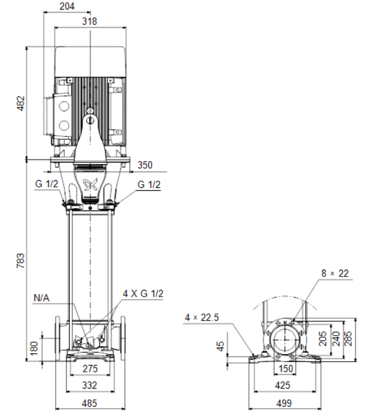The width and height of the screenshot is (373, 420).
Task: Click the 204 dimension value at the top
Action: [67, 6]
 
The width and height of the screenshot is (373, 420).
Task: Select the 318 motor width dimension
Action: [89, 21]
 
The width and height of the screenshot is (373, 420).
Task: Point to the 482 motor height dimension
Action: [20, 103]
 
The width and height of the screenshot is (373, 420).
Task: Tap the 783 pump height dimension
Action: [20, 261]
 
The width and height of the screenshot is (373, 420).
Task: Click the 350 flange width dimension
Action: [145, 165]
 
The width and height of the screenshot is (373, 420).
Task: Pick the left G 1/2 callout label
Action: [46, 184]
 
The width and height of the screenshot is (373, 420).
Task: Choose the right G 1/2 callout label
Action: [149, 184]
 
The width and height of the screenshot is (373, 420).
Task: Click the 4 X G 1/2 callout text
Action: [143, 294]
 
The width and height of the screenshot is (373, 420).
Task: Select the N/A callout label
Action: [42, 298]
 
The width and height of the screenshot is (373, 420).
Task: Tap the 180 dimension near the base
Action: [34, 348]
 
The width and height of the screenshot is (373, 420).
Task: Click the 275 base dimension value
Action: [90, 368]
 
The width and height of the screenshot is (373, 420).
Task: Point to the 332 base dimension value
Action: [89, 385]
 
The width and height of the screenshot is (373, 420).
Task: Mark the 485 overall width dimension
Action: [89, 403]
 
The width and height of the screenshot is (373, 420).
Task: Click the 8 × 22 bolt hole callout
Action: [335, 273]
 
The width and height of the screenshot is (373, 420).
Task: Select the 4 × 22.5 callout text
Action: [202, 317]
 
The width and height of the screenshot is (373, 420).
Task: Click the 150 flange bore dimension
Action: [286, 368]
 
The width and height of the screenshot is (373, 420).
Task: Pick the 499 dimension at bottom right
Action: [284, 403]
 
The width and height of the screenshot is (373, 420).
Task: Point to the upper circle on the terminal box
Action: [64, 106]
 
